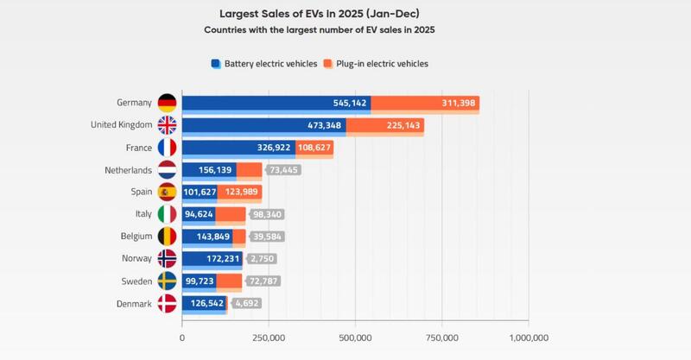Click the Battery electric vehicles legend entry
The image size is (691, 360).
click(x=264, y=64)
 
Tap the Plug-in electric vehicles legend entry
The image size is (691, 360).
click(x=376, y=64)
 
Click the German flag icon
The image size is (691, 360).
click(x=166, y=103)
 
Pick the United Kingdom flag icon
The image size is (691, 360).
click(x=166, y=125)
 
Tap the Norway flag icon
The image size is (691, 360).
click(x=166, y=258)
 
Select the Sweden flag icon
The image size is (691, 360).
click(x=166, y=281)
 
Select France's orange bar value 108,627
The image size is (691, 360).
click(x=315, y=148)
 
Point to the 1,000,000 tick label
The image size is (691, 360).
click(x=529, y=337)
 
